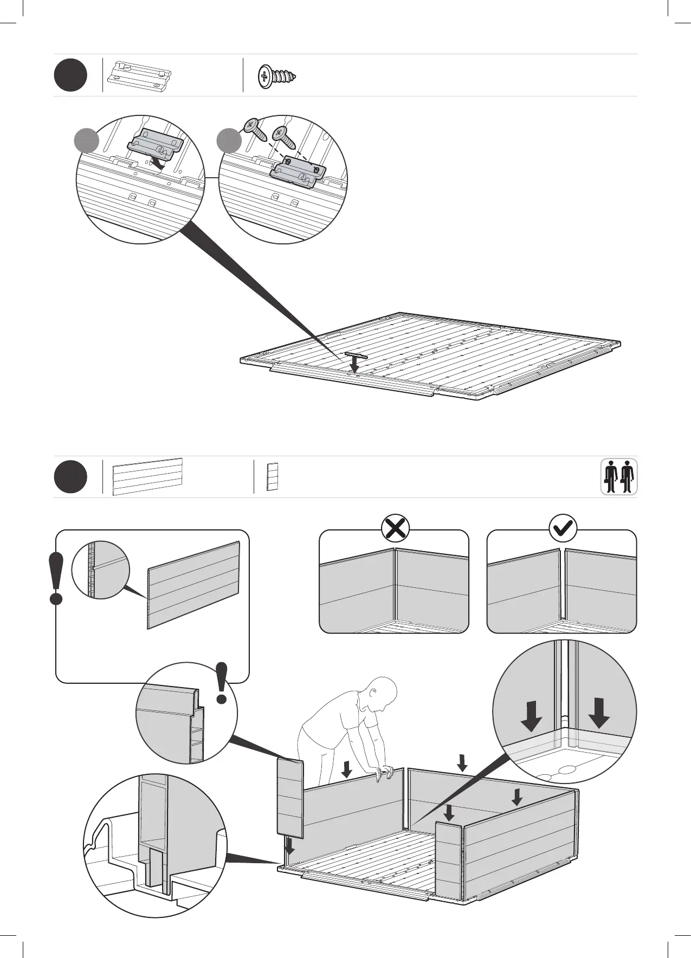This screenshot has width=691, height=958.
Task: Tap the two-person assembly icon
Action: (x=619, y=477)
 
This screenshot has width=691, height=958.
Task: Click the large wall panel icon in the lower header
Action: (x=147, y=476)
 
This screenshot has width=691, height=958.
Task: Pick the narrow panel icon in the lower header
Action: (x=272, y=477)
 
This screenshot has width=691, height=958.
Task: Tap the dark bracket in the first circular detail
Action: (x=155, y=145)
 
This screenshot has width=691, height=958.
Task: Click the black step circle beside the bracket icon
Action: (x=70, y=75)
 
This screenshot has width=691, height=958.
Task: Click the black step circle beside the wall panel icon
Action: (x=70, y=477)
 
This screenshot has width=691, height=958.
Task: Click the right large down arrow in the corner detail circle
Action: (x=599, y=713)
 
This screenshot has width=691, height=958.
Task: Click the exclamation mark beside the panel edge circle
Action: (x=221, y=683)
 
